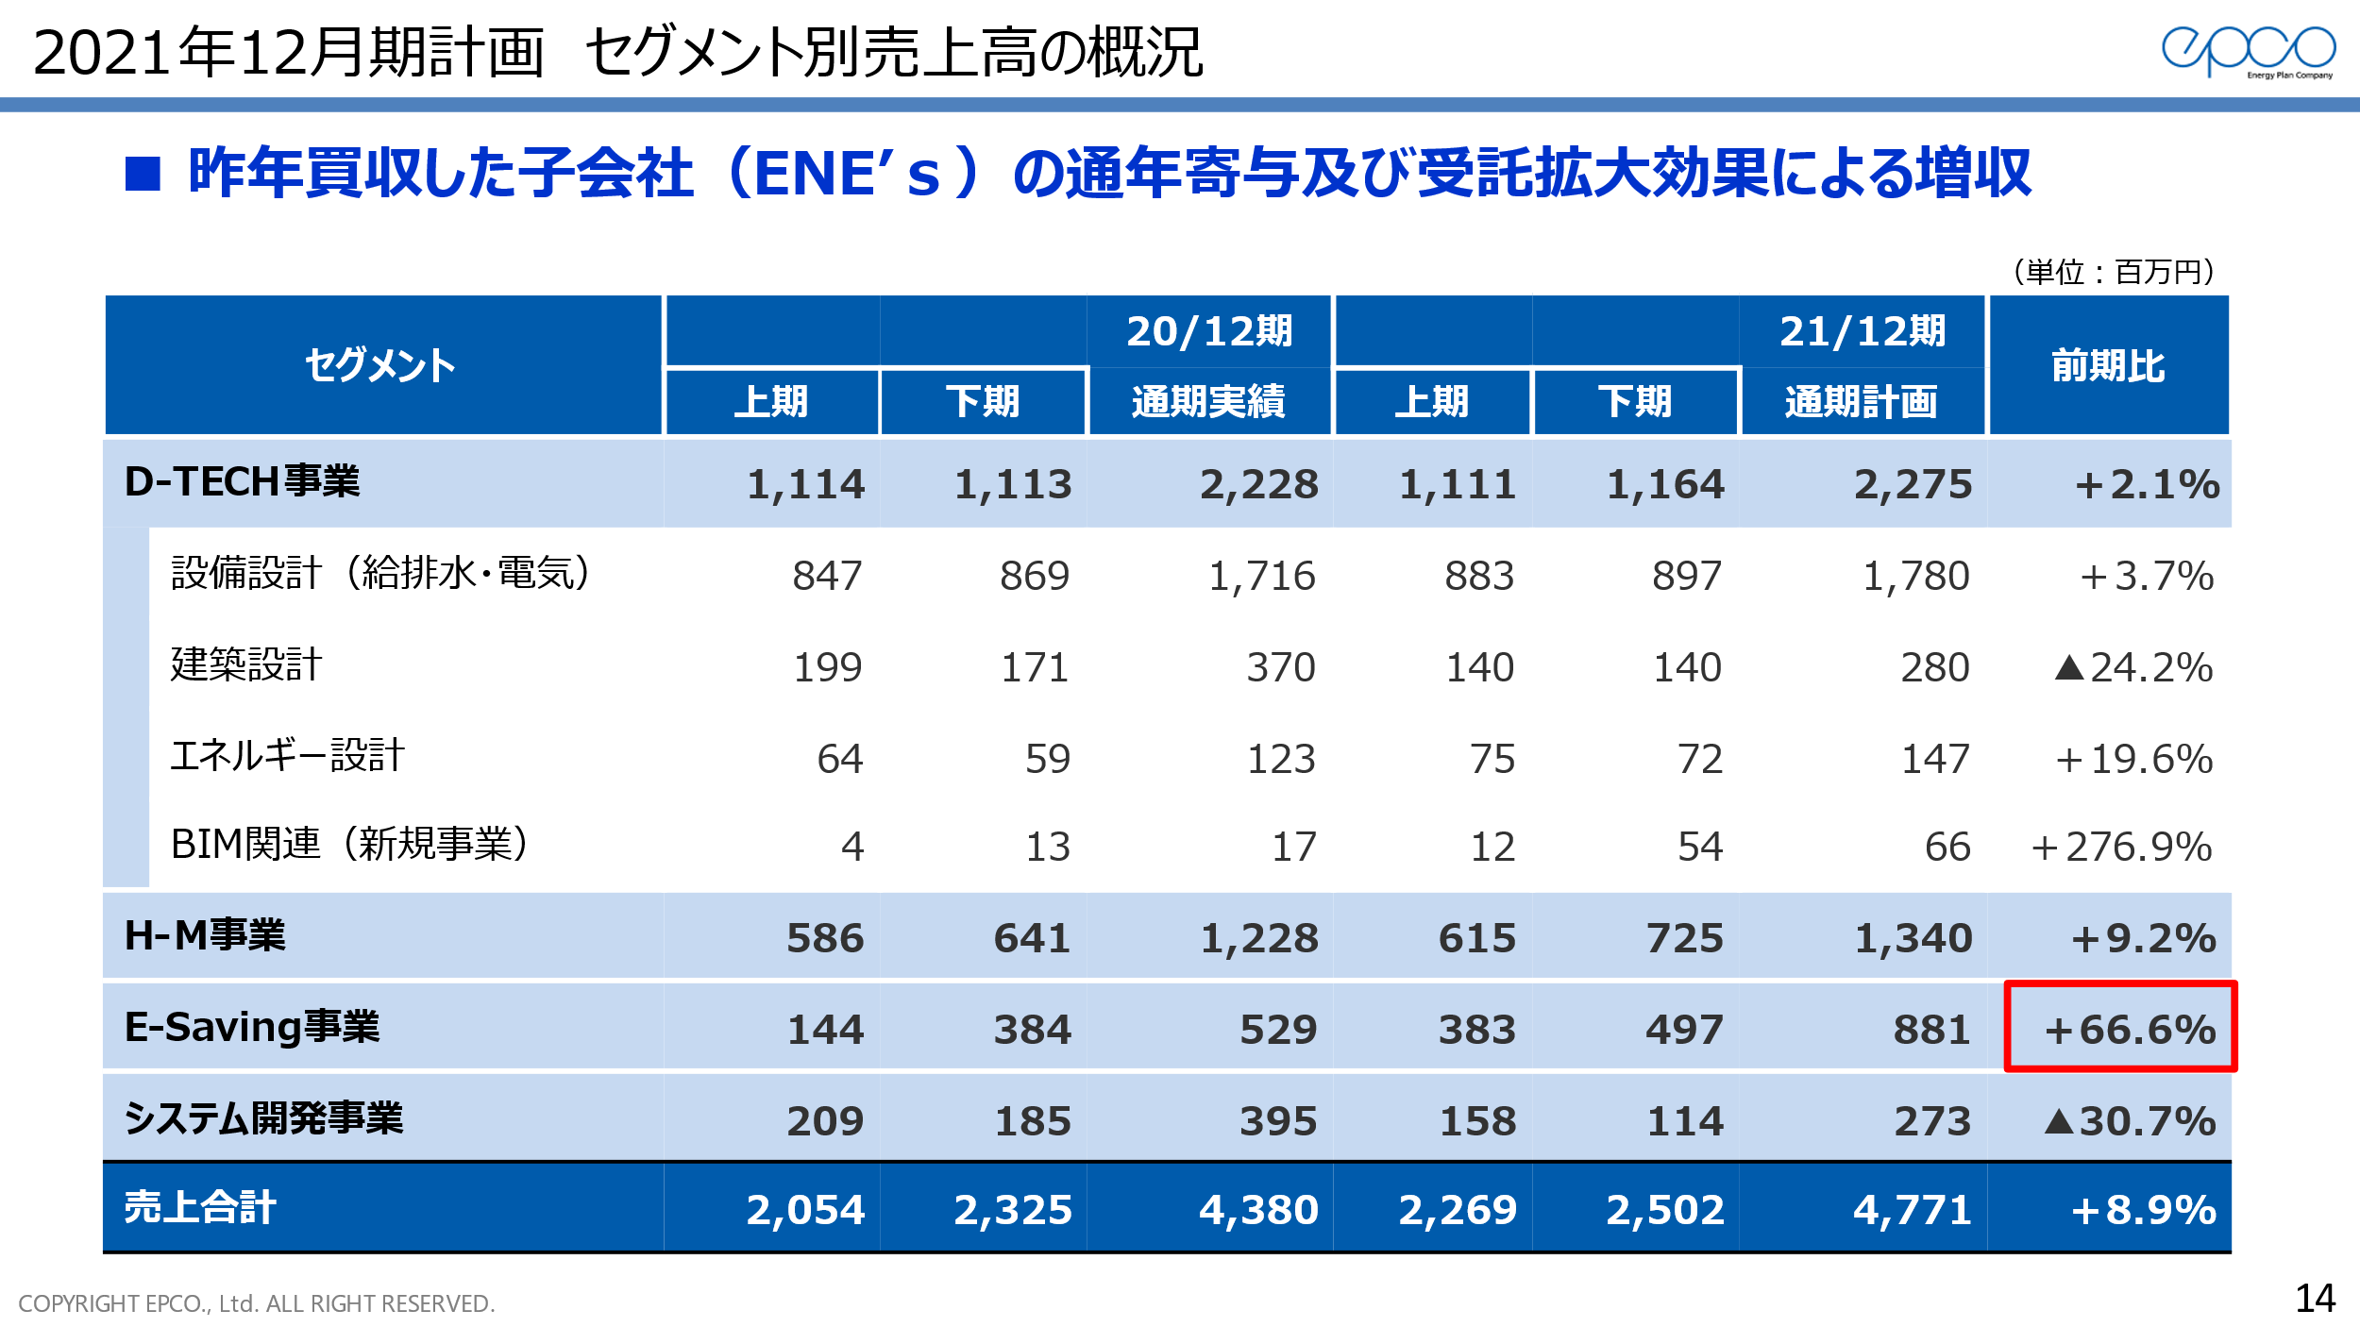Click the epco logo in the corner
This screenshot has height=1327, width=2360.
(2248, 51)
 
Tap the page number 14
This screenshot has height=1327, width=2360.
(2315, 1299)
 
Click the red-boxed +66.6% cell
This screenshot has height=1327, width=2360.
(2120, 1028)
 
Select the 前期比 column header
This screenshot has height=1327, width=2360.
(2108, 366)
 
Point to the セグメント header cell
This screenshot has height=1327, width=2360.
(380, 366)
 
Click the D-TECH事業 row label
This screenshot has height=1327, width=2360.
(242, 482)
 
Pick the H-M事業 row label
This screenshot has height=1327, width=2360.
(205, 936)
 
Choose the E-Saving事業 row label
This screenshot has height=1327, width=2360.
(252, 1027)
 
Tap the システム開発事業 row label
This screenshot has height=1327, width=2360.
(263, 1118)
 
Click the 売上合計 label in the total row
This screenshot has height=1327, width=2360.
(200, 1207)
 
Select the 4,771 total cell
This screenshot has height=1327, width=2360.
(1912, 1210)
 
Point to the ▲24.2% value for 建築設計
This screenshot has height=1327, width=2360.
(2133, 667)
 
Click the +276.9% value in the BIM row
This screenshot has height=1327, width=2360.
(2121, 847)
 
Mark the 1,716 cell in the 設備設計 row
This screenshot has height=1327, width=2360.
(1261, 576)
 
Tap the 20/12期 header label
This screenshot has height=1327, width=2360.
(1209, 331)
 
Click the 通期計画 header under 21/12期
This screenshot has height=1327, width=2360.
(1861, 402)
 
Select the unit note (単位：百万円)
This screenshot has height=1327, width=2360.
(2114, 272)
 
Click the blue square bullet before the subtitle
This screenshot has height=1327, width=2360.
(143, 174)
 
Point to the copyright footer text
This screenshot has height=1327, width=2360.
(257, 1303)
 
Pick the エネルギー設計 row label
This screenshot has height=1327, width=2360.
(287, 756)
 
